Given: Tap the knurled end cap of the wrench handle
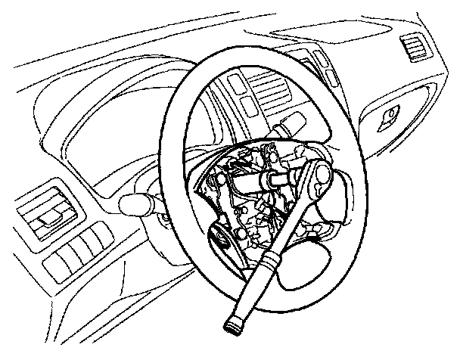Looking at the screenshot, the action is tap(232, 325).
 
